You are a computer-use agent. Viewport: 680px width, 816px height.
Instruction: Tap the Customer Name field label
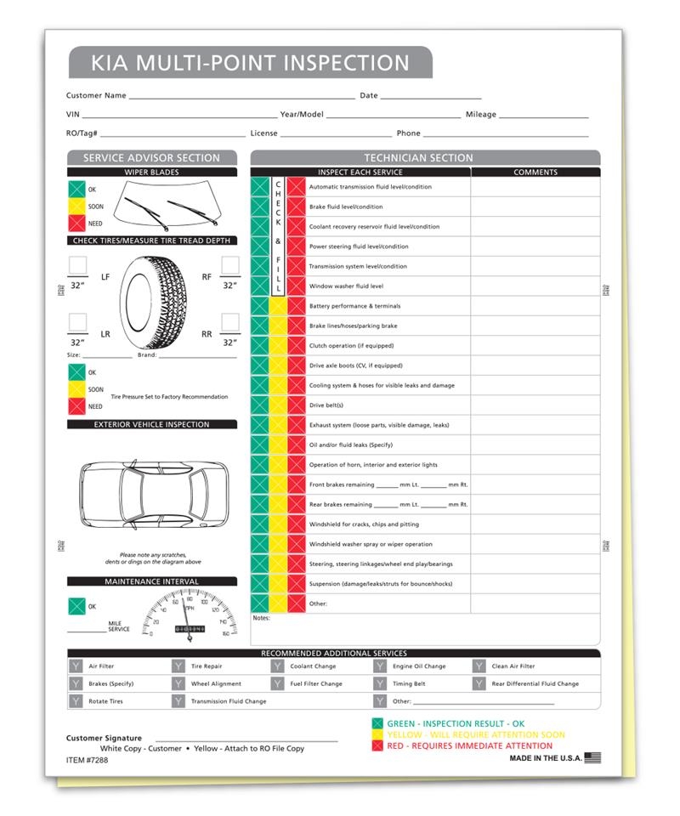[x=96, y=96]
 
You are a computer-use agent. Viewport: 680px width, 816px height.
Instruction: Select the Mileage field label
[x=480, y=115]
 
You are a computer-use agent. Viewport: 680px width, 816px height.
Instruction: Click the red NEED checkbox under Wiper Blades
[x=77, y=224]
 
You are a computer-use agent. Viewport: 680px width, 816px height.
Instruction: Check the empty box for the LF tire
[x=77, y=266]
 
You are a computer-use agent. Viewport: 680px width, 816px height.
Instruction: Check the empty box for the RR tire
[x=229, y=322]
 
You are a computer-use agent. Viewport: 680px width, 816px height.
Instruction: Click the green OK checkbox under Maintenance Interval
[x=77, y=606]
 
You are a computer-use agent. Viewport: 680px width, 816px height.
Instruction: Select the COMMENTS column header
[x=535, y=172]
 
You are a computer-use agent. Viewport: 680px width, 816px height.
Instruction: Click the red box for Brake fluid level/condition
[x=296, y=207]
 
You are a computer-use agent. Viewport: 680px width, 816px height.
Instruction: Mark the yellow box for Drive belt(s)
[x=278, y=405]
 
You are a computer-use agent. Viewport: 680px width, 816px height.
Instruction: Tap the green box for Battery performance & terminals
[x=259, y=306]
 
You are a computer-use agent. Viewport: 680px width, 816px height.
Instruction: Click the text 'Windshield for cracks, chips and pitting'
[x=364, y=524]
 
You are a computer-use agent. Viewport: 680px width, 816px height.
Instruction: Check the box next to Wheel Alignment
[x=178, y=683]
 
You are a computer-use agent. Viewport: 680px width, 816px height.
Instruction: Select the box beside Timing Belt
[x=379, y=683]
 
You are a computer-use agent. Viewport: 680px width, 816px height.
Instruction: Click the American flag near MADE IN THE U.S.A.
[x=592, y=757]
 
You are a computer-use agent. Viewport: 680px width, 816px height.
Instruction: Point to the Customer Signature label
[x=104, y=739]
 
